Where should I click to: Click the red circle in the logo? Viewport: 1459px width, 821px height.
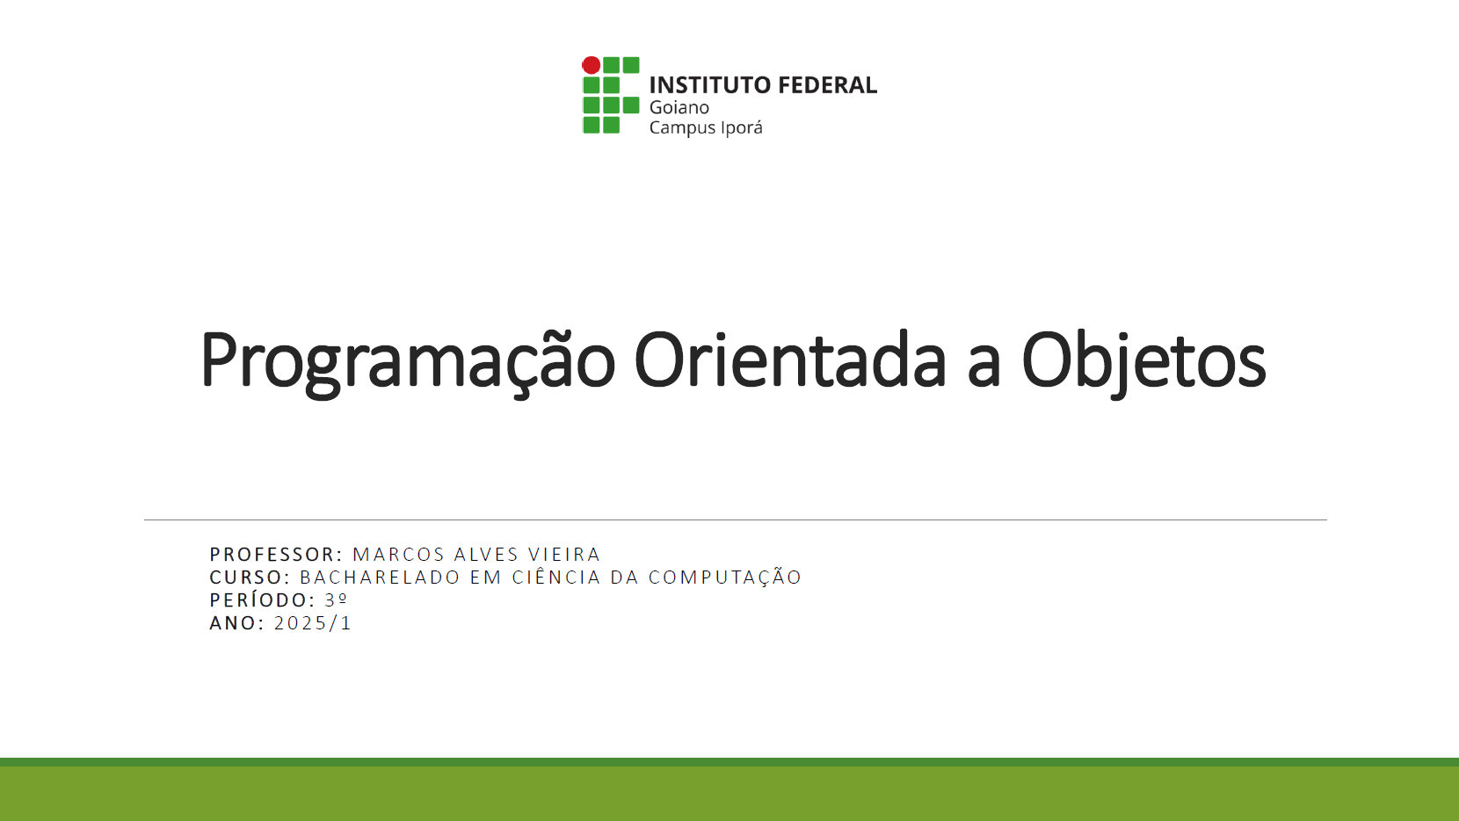tap(592, 65)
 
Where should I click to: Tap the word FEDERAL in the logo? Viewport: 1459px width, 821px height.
tap(828, 85)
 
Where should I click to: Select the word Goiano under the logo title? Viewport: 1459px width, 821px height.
tap(679, 107)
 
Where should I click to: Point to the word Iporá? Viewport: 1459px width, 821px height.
tap(741, 128)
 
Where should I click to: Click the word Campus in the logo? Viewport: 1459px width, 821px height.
tap(682, 128)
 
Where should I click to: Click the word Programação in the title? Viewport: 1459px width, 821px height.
tap(408, 360)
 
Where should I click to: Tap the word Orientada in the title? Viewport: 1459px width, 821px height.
tap(789, 360)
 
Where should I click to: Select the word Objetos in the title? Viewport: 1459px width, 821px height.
tap(1143, 360)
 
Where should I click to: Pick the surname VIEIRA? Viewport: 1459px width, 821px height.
tap(564, 555)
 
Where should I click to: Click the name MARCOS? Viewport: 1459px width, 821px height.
tap(398, 555)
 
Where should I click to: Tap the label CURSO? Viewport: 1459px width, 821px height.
tap(250, 578)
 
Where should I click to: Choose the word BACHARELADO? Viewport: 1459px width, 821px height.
tap(380, 578)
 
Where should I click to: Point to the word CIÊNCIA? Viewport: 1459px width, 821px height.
tap(556, 578)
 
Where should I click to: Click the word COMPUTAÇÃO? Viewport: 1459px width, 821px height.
tap(725, 578)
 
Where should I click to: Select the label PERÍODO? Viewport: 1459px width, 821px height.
tap(262, 600)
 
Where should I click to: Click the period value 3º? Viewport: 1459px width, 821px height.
tap(336, 600)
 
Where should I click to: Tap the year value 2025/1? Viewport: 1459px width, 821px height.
tap(313, 623)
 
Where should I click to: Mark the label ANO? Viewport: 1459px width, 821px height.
tap(236, 623)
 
